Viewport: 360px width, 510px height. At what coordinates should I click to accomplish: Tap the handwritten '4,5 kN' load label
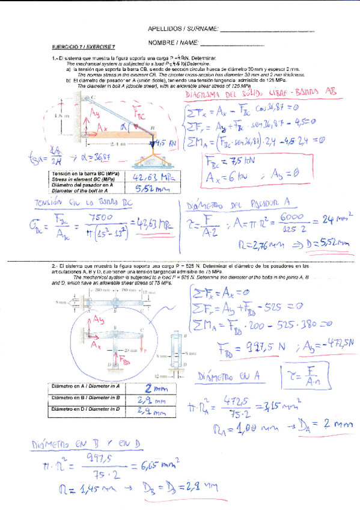pos(163,144)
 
